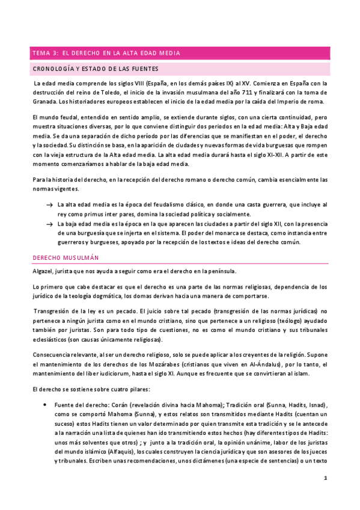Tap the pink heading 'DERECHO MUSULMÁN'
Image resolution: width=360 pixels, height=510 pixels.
65,257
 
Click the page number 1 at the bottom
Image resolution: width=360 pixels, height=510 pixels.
325,478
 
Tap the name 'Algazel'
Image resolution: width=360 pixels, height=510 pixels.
44,271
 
